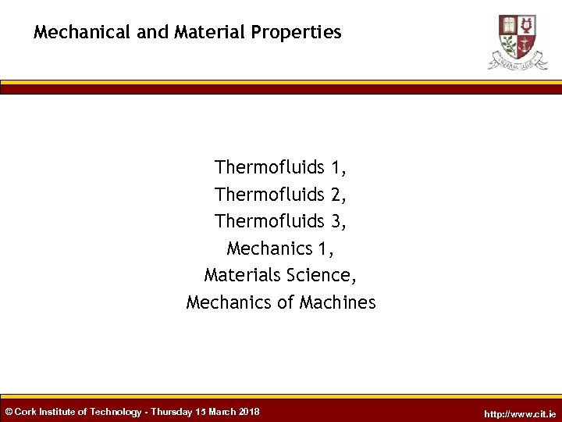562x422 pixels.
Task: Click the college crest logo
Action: (x=517, y=41)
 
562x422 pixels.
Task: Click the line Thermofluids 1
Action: (x=281, y=167)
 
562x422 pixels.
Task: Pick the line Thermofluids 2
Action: (x=281, y=194)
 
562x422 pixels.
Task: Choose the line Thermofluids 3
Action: (x=281, y=221)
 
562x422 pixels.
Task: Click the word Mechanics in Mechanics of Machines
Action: (x=229, y=302)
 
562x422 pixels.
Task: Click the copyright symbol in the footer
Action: (x=9, y=412)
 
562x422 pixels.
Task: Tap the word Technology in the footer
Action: (x=116, y=412)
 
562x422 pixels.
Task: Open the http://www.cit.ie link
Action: (x=520, y=413)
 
